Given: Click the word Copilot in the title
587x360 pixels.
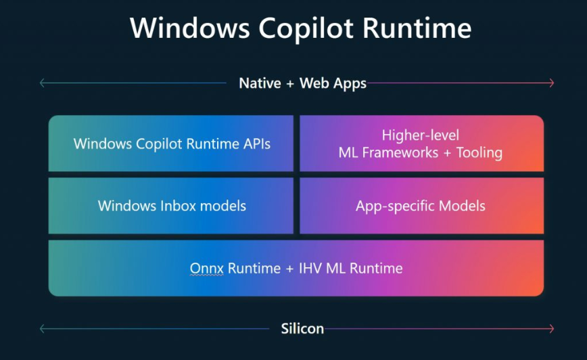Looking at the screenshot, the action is pyautogui.click(x=306, y=29).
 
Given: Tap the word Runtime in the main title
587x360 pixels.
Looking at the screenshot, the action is pyautogui.click(x=417, y=28).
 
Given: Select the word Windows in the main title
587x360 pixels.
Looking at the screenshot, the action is pyautogui.click(x=190, y=28).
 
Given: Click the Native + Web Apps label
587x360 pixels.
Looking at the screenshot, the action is pyautogui.click(x=302, y=83).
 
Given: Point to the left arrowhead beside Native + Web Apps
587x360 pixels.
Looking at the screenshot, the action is pyautogui.click(x=43, y=83).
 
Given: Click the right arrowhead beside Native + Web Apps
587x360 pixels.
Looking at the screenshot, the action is pyautogui.click(x=551, y=83).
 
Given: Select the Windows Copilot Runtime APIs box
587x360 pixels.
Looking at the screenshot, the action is pyautogui.click(x=170, y=143).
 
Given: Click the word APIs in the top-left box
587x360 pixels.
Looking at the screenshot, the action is pyautogui.click(x=257, y=144).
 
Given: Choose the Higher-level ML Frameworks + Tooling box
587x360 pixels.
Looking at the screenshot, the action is pyautogui.click(x=421, y=143).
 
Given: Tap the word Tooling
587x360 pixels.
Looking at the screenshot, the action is pyautogui.click(x=479, y=153).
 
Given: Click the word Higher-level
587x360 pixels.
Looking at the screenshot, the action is pyautogui.click(x=421, y=135).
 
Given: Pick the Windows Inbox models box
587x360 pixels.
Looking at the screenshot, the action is pyautogui.click(x=170, y=206).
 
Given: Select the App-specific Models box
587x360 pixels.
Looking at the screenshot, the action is pyautogui.click(x=421, y=206).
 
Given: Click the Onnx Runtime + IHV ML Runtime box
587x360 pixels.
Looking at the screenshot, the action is pyautogui.click(x=296, y=268).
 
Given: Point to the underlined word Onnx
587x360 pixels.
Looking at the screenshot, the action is pyautogui.click(x=207, y=269).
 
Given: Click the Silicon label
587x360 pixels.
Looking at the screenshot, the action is pyautogui.click(x=302, y=328).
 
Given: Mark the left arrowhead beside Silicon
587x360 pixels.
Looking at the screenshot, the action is pyautogui.click(x=43, y=329).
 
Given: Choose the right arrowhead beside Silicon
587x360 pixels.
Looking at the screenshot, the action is pyautogui.click(x=551, y=329).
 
